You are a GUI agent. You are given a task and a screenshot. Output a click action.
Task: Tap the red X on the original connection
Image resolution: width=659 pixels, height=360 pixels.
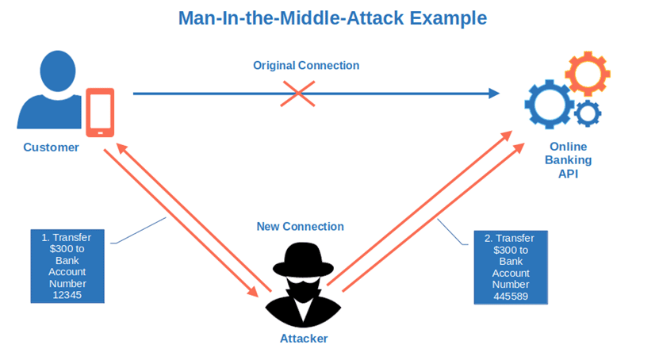pyautogui.click(x=298, y=94)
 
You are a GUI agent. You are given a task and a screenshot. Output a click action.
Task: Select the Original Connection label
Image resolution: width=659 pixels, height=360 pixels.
pyautogui.click(x=306, y=66)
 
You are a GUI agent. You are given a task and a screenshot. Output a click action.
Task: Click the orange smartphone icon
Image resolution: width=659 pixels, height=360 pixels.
pyautogui.click(x=100, y=112)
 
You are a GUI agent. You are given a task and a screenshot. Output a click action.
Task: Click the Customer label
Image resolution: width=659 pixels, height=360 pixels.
pyautogui.click(x=51, y=147)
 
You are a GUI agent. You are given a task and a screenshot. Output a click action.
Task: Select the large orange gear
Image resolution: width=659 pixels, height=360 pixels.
pyautogui.click(x=587, y=74)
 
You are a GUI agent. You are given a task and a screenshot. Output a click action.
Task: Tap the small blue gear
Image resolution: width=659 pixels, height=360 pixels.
pyautogui.click(x=587, y=113)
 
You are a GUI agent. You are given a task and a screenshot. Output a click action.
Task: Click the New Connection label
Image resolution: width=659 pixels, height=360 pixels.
pyautogui.click(x=301, y=227)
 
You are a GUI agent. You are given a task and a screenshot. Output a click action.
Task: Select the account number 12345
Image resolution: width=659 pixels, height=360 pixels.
pyautogui.click(x=67, y=294)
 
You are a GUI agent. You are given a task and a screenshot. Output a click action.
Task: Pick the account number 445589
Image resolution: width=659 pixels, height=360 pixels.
pyautogui.click(x=511, y=297)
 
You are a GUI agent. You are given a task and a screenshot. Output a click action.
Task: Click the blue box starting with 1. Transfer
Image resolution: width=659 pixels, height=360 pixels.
pyautogui.click(x=67, y=266)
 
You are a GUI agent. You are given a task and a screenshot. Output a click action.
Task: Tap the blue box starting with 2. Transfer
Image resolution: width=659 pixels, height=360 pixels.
pyautogui.click(x=511, y=267)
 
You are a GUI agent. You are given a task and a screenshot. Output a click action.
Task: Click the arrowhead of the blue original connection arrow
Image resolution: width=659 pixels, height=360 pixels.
pyautogui.click(x=494, y=94)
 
